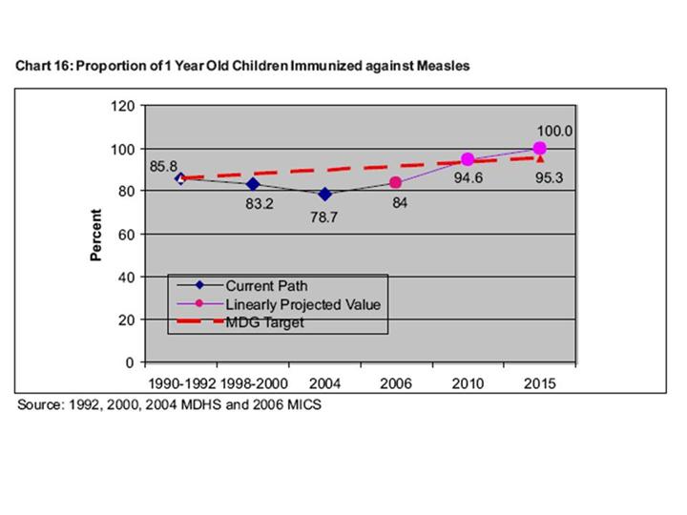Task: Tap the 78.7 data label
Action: (x=324, y=217)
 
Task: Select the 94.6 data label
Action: (x=468, y=178)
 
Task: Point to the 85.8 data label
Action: (x=164, y=166)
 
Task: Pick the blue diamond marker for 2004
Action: (x=325, y=194)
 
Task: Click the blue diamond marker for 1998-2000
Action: (x=253, y=183)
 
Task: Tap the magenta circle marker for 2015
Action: (x=540, y=148)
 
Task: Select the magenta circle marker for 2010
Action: (x=468, y=159)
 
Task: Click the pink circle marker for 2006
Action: (x=395, y=182)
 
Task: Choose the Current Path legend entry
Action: (x=266, y=285)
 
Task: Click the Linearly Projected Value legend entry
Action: (x=302, y=304)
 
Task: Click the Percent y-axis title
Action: (x=96, y=235)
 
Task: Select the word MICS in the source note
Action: (x=304, y=404)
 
